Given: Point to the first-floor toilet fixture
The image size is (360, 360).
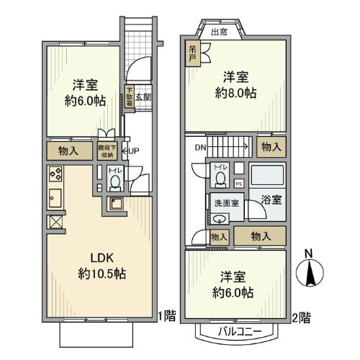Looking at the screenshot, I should (114, 181).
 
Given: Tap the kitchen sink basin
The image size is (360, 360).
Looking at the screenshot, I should (55, 197).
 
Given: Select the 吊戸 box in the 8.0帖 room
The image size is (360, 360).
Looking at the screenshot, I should (194, 55).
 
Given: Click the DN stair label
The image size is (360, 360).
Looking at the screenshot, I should (200, 147).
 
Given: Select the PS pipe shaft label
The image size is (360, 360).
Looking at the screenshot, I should (240, 184).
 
